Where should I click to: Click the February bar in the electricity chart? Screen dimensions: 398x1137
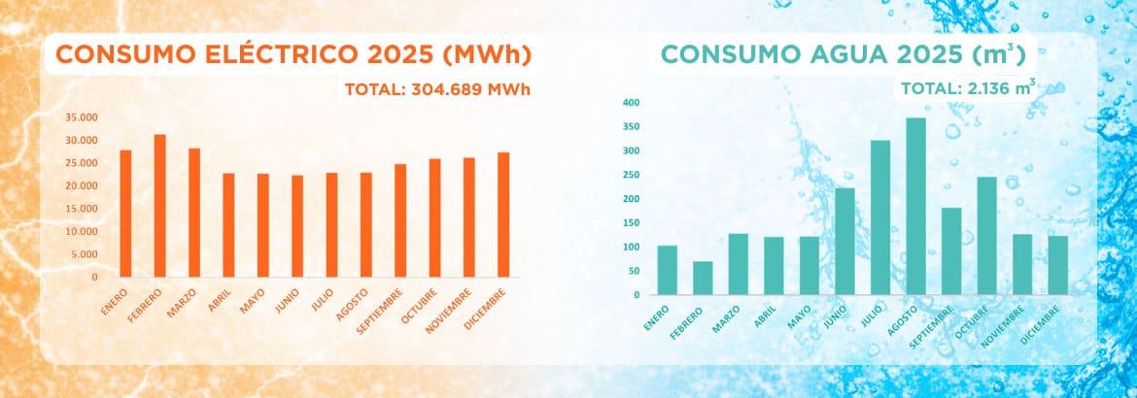click(x=159, y=206)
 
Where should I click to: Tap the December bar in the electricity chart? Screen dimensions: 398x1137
click(x=503, y=215)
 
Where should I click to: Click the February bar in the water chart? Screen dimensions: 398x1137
click(x=703, y=278)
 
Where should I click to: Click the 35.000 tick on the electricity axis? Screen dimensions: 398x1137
click(x=82, y=116)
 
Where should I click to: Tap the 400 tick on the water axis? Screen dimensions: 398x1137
click(x=631, y=103)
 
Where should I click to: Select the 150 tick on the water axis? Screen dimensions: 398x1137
click(x=631, y=223)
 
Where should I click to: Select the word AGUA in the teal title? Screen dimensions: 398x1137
click(x=864, y=55)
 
